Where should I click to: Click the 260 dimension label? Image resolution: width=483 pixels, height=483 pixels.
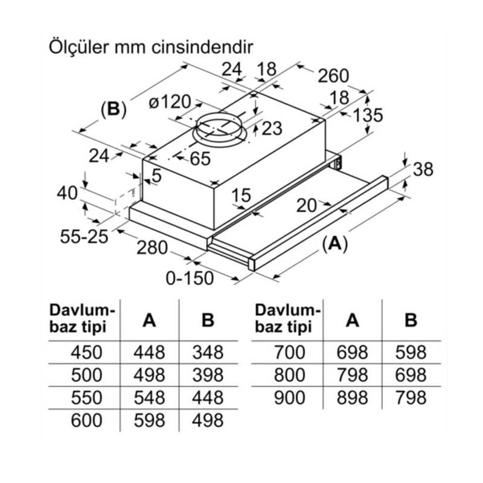point(333,75)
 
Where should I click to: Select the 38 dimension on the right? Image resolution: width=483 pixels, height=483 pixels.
point(423,170)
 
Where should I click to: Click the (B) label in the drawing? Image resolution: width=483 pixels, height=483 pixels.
point(113,109)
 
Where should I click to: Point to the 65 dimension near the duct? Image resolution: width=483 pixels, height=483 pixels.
point(199,159)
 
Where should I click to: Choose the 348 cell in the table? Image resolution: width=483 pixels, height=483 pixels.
point(208,351)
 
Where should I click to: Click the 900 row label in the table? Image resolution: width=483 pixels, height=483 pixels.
point(290,397)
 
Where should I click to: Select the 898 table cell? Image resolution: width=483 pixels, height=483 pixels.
point(353,397)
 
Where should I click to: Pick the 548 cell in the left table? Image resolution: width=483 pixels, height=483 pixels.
point(149,397)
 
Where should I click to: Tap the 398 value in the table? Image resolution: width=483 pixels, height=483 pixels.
point(208,374)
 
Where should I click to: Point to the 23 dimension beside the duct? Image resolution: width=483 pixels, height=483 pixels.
point(272,128)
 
